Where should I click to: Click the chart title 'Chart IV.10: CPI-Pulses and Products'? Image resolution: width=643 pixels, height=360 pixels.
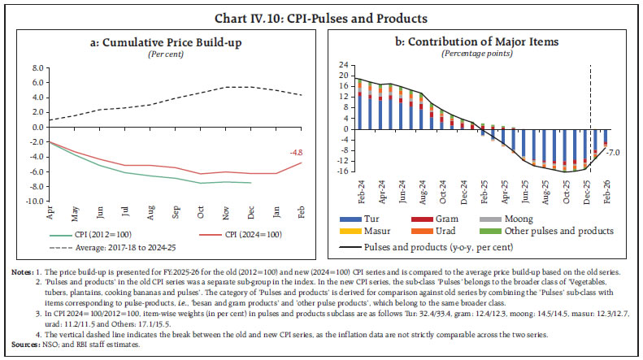[321, 15]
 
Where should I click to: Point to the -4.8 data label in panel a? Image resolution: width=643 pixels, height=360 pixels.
[299, 151]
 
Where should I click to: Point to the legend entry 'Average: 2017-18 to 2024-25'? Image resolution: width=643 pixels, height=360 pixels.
[117, 247]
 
